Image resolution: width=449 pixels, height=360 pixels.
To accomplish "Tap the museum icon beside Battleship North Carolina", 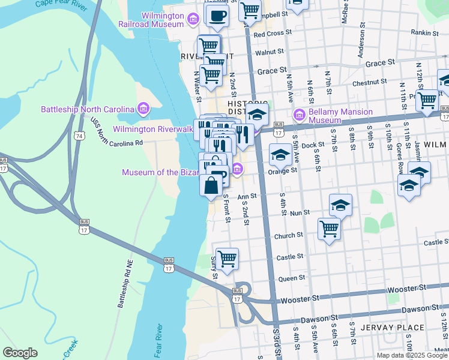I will (143, 109).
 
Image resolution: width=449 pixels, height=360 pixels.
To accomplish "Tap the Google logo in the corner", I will (19, 353).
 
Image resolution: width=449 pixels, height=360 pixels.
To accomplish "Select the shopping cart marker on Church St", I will (329, 228).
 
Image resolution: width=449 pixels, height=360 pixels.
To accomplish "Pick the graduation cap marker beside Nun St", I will (340, 205).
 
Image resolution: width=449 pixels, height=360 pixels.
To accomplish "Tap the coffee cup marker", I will (217, 14).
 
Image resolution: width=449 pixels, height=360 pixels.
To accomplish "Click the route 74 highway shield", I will (79, 137).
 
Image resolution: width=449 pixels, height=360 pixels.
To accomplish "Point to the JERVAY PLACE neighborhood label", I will (393, 328).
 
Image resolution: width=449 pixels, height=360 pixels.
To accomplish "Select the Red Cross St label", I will (273, 34).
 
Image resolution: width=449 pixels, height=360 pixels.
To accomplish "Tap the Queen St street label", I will (292, 278).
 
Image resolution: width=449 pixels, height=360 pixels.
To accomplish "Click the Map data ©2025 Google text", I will (412, 355).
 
